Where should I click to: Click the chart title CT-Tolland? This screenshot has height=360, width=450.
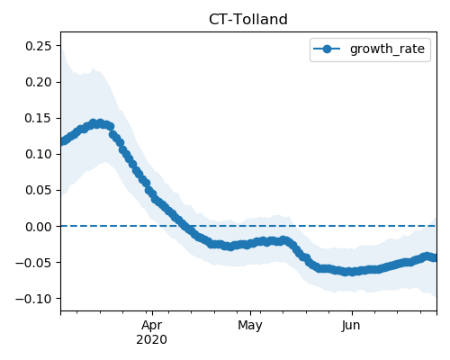(x=248, y=20)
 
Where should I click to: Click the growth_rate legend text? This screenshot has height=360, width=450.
(x=387, y=49)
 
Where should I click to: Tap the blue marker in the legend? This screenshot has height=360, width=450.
(x=327, y=49)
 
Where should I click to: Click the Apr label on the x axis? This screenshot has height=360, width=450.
(x=152, y=325)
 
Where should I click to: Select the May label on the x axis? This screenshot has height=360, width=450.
(x=250, y=325)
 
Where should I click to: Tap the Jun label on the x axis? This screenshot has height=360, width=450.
(x=351, y=325)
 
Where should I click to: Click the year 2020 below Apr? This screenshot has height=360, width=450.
(x=152, y=340)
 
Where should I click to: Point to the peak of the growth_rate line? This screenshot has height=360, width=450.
(x=96, y=123)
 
